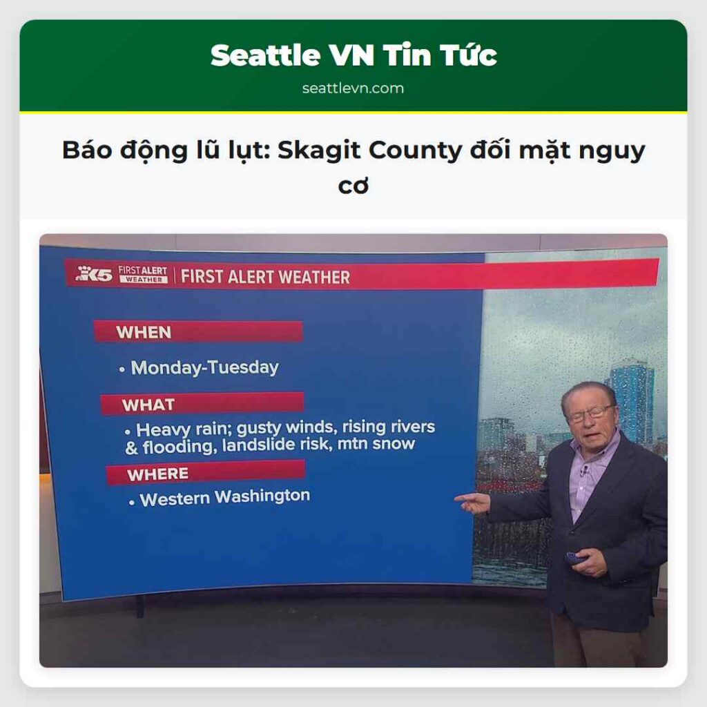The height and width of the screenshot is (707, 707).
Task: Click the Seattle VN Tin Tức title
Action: [353, 55]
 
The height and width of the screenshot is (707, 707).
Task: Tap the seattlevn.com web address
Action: [353, 88]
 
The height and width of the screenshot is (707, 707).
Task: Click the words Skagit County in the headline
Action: [369, 150]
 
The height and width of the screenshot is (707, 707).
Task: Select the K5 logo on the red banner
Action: [94, 273]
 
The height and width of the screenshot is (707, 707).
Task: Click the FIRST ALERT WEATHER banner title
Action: [265, 278]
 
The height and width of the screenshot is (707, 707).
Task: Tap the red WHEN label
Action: [144, 332]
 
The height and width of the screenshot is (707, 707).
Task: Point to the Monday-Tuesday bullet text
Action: [204, 367]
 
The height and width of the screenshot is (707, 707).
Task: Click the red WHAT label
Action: [148, 405]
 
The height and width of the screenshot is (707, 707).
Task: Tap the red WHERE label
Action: [157, 474]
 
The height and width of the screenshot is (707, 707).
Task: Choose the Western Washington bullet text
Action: [224, 497]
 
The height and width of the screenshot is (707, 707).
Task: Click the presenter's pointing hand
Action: [472, 503]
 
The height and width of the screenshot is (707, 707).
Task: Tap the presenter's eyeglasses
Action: [589, 414]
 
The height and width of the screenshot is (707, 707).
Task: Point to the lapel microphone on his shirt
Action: [584, 472]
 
